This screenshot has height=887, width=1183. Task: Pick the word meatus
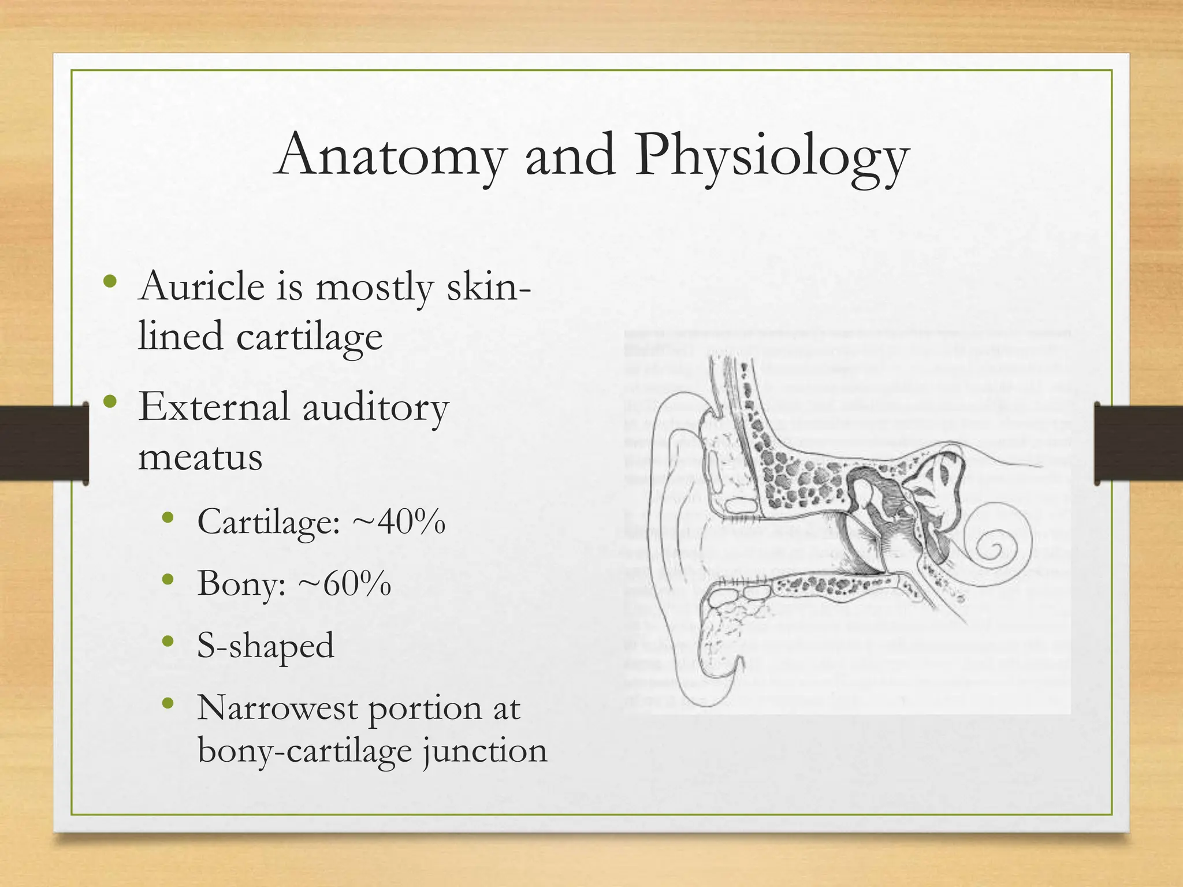click(200, 457)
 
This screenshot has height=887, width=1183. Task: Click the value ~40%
click(399, 521)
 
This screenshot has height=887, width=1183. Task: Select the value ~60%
click(345, 583)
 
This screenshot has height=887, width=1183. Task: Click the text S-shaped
click(265, 646)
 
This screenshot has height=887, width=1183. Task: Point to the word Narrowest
click(277, 708)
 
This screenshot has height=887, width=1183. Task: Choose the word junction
click(485, 751)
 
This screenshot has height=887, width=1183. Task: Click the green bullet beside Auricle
click(110, 282)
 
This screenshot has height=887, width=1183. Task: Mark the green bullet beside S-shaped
click(168, 640)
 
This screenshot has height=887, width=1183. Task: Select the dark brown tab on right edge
click(1138, 443)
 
